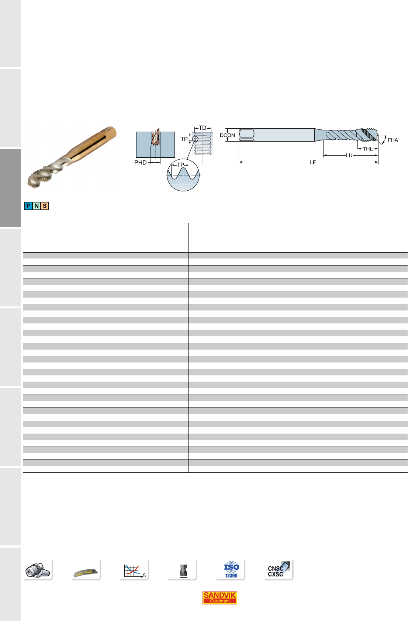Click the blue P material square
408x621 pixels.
[x=28, y=206]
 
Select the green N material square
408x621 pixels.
[x=37, y=206]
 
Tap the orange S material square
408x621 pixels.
[x=45, y=206]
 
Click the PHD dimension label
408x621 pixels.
[x=140, y=163]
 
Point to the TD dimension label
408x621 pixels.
[x=203, y=128]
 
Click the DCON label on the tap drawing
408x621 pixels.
[x=227, y=135]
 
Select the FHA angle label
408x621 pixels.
[x=393, y=140]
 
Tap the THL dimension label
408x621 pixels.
[x=367, y=149]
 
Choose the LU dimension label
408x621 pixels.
[x=349, y=155]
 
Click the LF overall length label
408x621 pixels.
[x=312, y=162]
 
